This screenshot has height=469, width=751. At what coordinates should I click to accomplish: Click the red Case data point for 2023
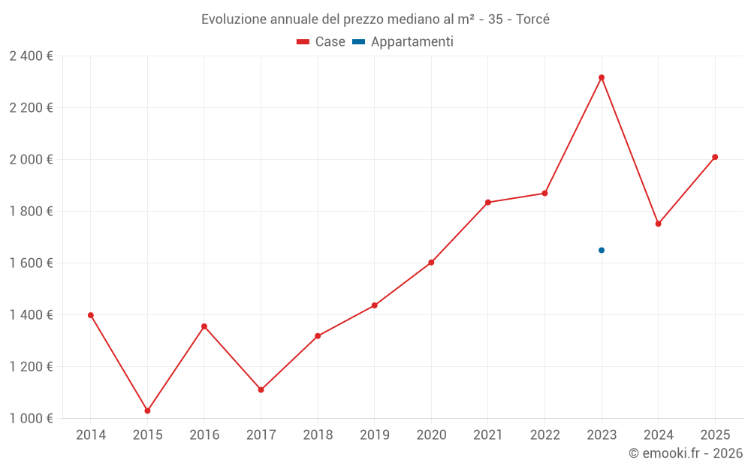[602, 77]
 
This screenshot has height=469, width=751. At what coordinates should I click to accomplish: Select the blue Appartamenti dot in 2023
[602, 250]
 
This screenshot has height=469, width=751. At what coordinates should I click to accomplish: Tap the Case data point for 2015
[147, 410]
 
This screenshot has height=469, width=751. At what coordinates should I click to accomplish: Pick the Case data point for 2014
[91, 315]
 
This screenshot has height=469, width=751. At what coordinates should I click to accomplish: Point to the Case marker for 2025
[715, 157]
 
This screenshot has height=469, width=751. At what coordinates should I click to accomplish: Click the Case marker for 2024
[658, 224]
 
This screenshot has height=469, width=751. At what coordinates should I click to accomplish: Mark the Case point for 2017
[261, 389]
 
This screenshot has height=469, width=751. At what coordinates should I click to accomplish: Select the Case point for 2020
[431, 263]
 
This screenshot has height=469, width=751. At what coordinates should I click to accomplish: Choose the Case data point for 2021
[488, 202]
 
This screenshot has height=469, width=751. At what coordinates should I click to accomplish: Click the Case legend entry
[321, 42]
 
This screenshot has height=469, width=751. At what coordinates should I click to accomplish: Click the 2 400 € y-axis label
[31, 56]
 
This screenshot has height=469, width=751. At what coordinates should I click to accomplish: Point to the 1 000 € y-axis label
[31, 418]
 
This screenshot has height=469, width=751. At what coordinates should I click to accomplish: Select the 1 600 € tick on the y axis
[31, 263]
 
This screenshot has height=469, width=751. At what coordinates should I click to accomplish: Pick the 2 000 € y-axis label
[31, 159]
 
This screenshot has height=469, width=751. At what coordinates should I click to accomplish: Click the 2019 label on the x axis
[374, 435]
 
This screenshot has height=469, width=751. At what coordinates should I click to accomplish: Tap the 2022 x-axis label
[544, 435]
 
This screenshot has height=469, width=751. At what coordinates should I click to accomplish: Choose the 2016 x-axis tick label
[204, 435]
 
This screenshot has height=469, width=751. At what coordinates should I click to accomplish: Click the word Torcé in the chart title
[532, 20]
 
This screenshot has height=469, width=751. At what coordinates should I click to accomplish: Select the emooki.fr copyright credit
[686, 453]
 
